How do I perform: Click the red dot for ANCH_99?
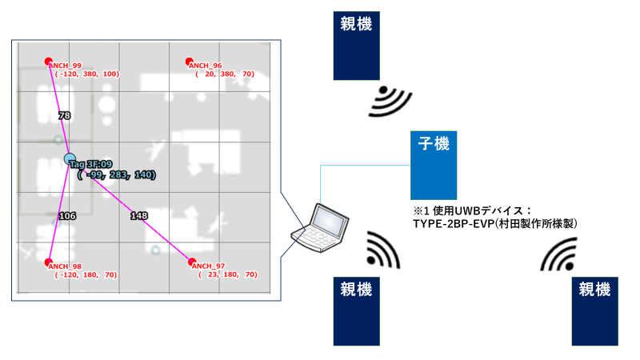(x=49, y=61)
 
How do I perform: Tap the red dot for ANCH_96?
(x=190, y=62)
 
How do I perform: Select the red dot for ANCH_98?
(x=49, y=262)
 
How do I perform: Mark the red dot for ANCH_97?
(x=191, y=262)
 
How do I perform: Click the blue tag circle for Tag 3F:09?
(x=70, y=159)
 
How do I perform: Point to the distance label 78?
(x=65, y=116)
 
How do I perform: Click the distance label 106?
(x=66, y=216)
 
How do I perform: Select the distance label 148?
(x=138, y=215)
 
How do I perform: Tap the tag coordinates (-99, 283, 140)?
(x=117, y=174)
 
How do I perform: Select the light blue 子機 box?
(x=434, y=165)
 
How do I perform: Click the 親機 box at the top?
(x=356, y=46)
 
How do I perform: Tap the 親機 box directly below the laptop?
(x=356, y=310)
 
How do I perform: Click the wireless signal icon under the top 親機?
(x=393, y=101)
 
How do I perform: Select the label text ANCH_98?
(x=66, y=266)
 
